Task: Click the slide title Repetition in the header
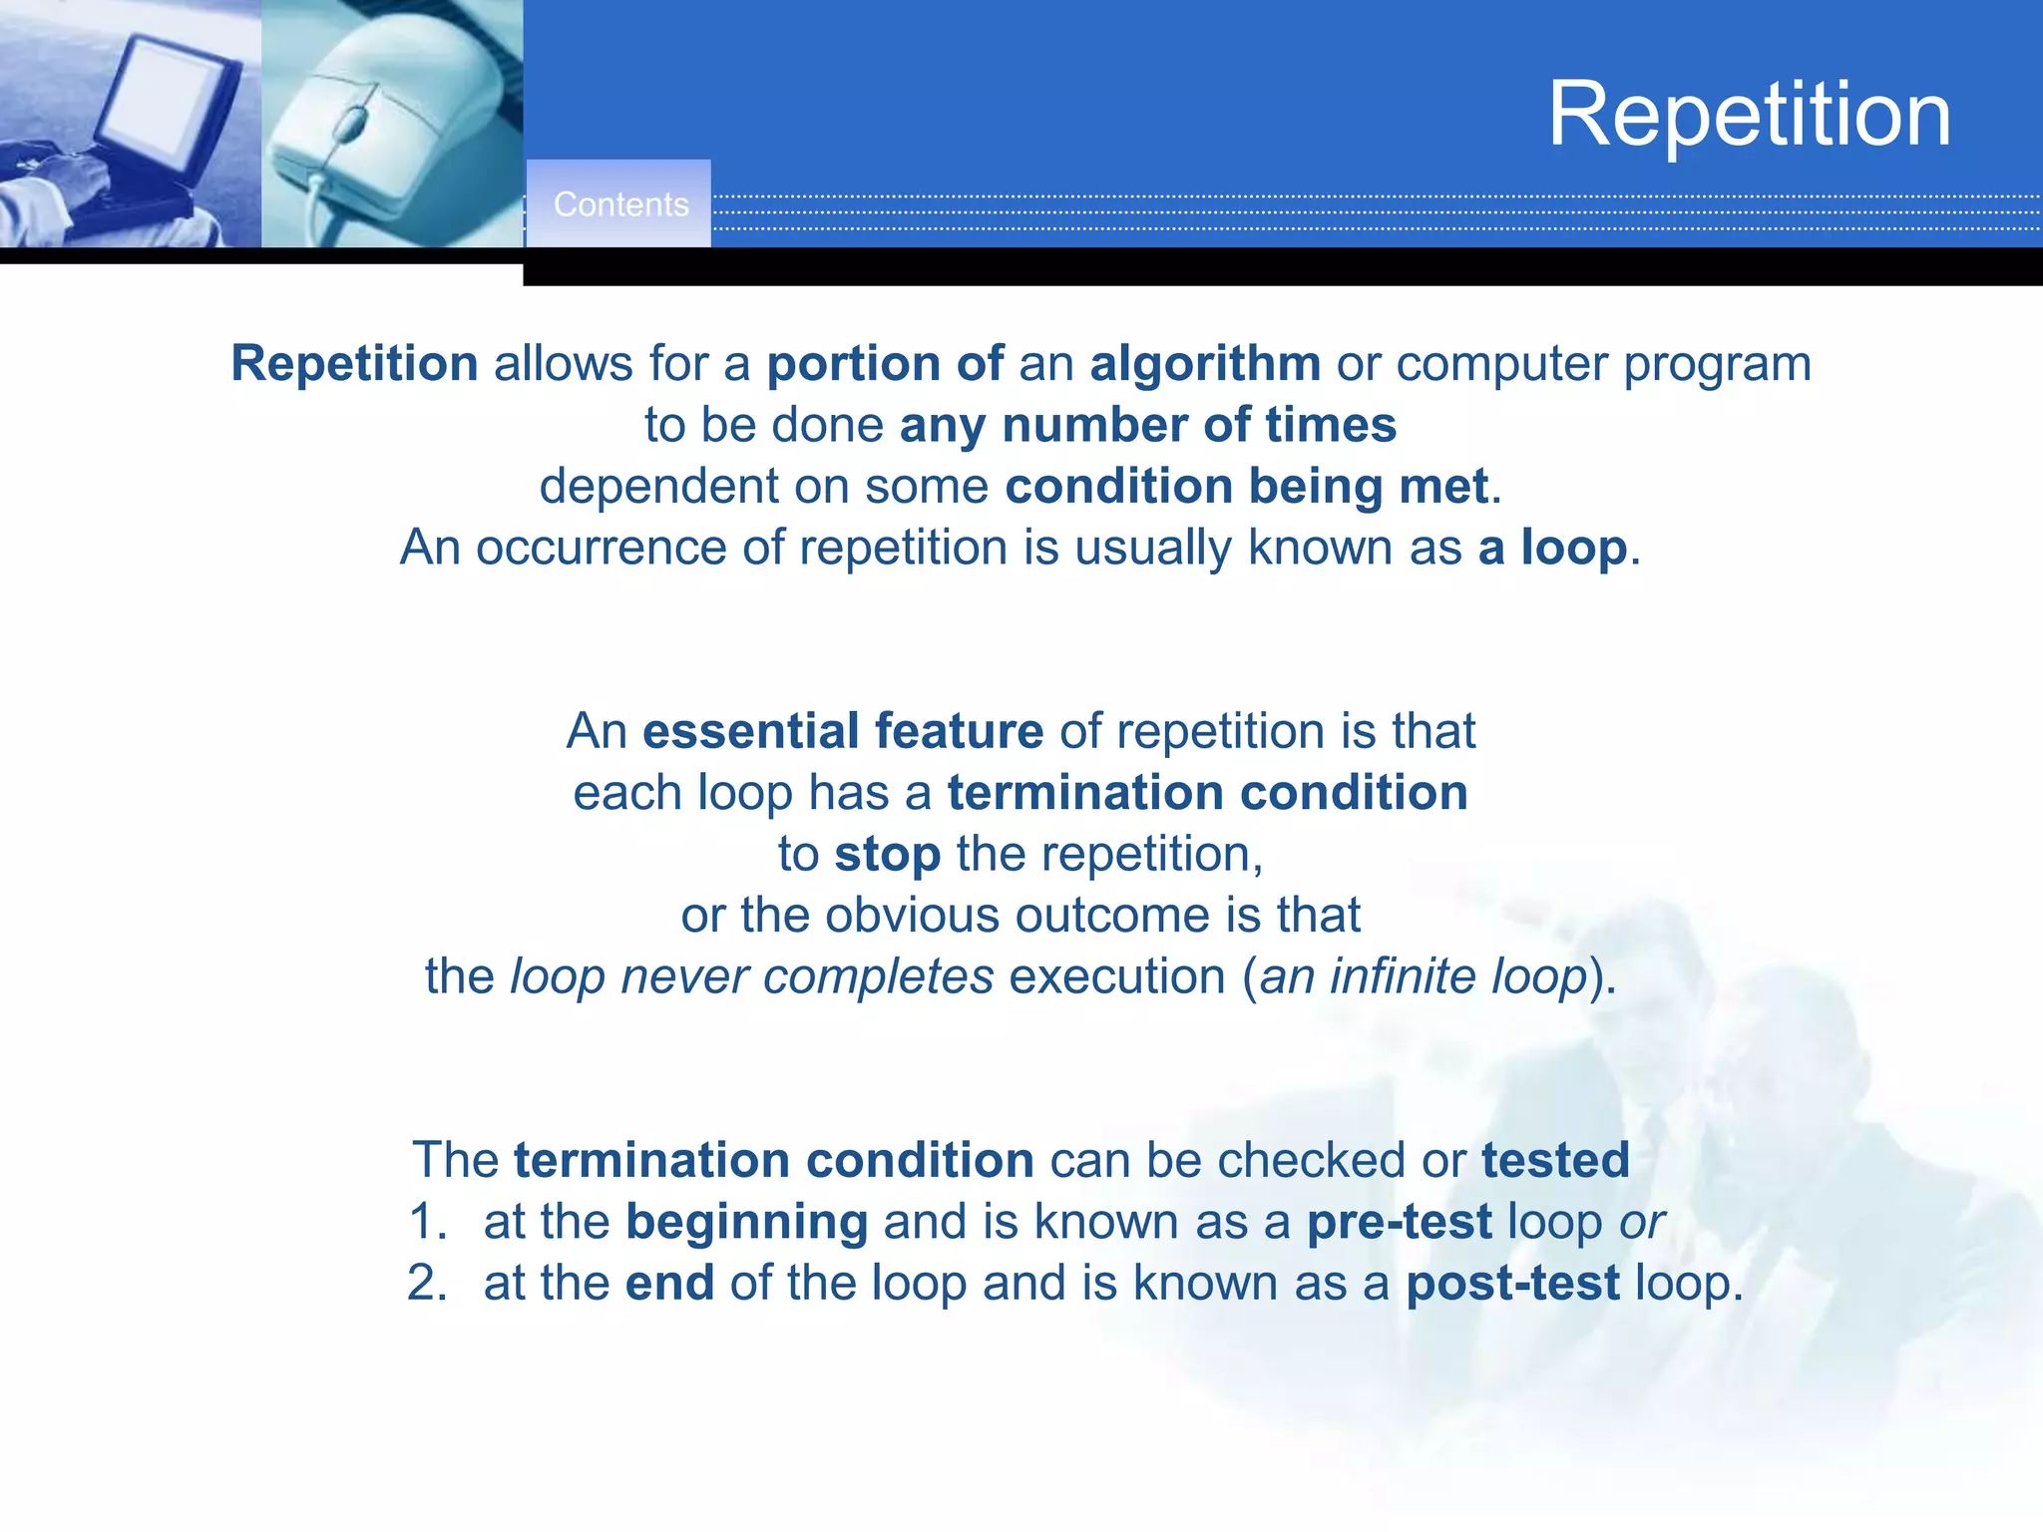[x=1749, y=115]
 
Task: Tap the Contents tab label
[x=620, y=204]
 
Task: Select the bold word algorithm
[x=1205, y=363]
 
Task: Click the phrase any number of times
[x=1147, y=425]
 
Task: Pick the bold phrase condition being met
[x=1247, y=487]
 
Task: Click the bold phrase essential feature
[x=843, y=731]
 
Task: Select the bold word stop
[x=887, y=855]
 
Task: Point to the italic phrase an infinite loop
[x=1423, y=976]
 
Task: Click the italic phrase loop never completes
[x=751, y=976]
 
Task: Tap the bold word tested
[x=1555, y=1160]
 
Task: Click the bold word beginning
[x=746, y=1223]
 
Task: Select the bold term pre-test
[x=1399, y=1222]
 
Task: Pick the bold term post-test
[x=1512, y=1284]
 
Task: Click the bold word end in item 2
[x=669, y=1284]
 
